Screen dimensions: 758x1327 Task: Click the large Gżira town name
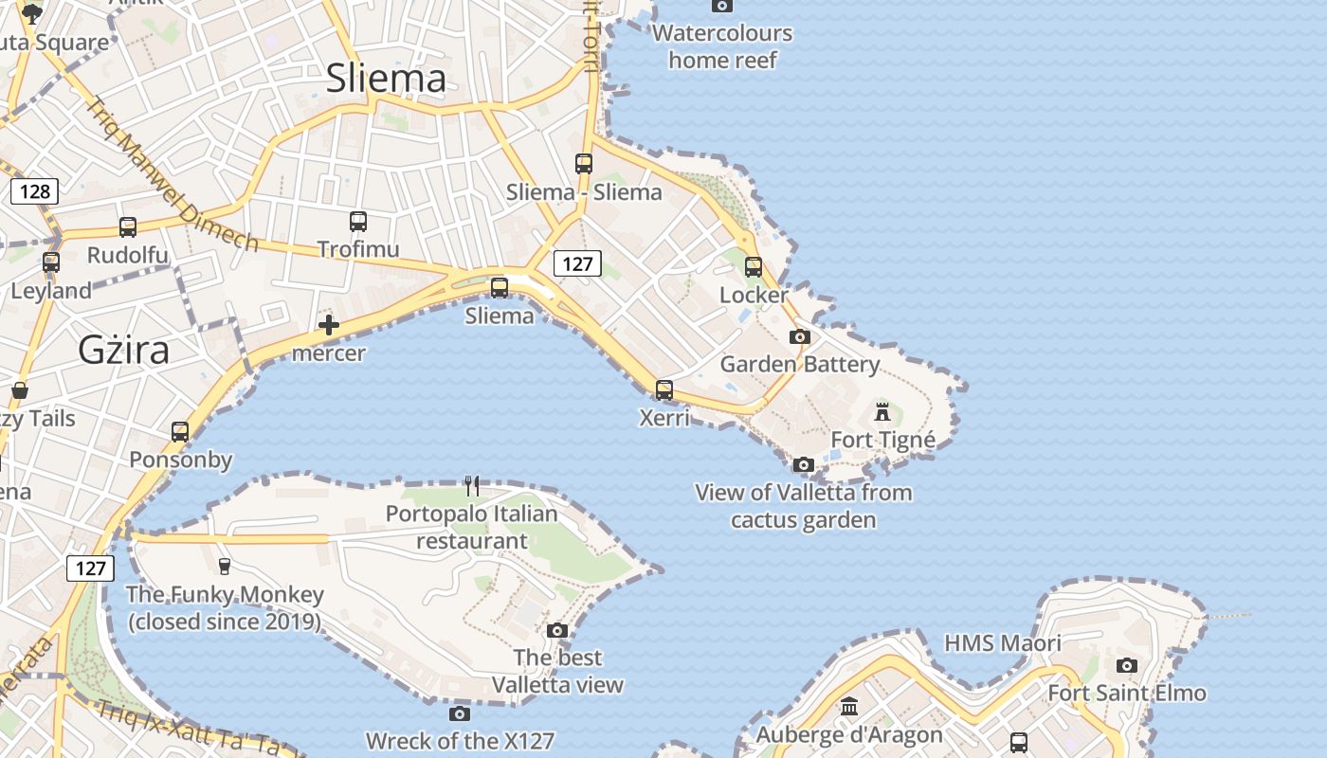click(x=124, y=351)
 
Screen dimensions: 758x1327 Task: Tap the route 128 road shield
click(x=35, y=192)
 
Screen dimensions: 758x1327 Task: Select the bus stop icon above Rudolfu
click(x=128, y=227)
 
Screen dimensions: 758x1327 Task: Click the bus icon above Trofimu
click(x=358, y=222)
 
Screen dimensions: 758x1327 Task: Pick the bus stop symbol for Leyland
click(x=51, y=262)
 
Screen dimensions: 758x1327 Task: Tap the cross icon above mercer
click(x=329, y=326)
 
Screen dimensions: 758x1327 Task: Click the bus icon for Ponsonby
click(x=180, y=432)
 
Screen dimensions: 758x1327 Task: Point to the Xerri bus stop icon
click(x=664, y=389)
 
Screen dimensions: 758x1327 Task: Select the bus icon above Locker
click(x=754, y=267)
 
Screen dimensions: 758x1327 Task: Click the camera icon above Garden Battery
click(x=800, y=336)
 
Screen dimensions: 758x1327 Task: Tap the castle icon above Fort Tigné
click(x=882, y=412)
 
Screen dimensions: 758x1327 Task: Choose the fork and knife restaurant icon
click(x=472, y=486)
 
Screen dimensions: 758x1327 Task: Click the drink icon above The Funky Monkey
click(x=225, y=567)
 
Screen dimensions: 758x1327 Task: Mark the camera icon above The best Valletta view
click(x=557, y=630)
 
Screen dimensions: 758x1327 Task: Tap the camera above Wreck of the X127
click(x=460, y=713)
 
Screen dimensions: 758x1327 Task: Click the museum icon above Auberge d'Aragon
click(x=849, y=707)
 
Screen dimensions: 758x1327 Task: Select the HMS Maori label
click(x=1003, y=644)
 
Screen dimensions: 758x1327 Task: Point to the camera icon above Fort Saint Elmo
click(x=1127, y=665)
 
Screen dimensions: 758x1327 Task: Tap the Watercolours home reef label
click(x=722, y=46)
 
